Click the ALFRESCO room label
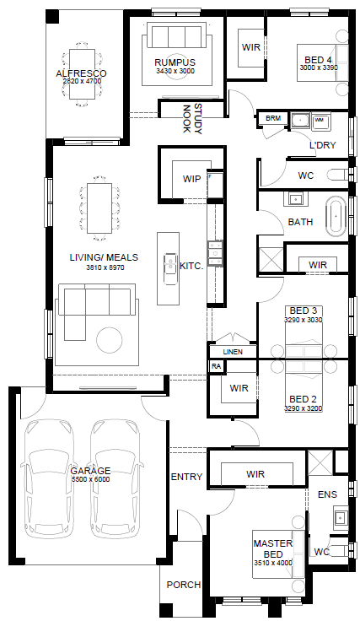pos(81,73)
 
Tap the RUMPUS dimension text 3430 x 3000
pos(175,71)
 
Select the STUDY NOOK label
pos(192,119)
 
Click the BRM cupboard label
pos(273,118)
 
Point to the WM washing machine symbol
pos(320,120)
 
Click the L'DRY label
pos(322,145)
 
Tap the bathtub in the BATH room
pos(336,216)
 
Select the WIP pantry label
pos(191,179)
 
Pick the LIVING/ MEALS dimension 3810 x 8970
pos(105,267)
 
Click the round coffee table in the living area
pos(110,340)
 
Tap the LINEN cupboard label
pos(233,352)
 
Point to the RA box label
pos(216,366)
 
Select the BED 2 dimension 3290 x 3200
pos(303,408)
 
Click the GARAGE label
pos(90,472)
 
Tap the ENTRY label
pos(186,477)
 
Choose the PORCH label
pos(184,585)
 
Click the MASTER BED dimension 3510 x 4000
pos(273,563)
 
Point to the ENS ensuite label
pos(328,494)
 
